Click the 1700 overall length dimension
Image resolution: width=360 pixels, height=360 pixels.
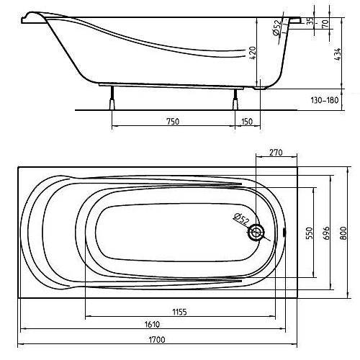[157, 340]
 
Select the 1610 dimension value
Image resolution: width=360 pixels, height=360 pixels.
[152, 324]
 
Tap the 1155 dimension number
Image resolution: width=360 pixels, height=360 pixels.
[179, 312]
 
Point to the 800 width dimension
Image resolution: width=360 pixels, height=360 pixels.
[343, 233]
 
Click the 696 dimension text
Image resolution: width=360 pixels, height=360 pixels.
[326, 233]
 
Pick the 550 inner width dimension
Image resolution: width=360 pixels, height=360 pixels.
[310, 233]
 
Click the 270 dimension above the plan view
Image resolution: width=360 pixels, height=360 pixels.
[276, 153]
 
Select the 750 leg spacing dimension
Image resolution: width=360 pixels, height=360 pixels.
[173, 122]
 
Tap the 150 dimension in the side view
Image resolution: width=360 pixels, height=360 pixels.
[247, 122]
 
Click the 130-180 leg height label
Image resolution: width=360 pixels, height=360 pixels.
[325, 100]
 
